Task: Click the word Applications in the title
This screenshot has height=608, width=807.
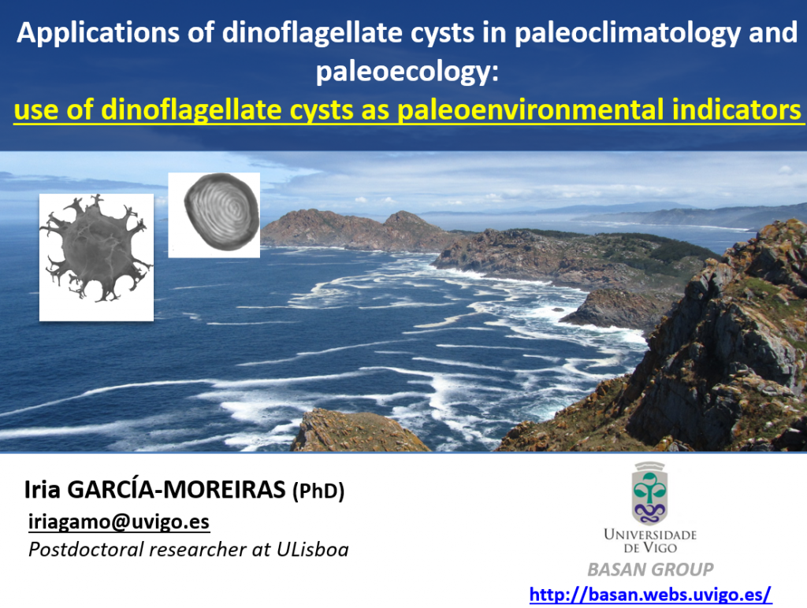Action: (98, 33)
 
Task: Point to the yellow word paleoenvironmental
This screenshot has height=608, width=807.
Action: (531, 110)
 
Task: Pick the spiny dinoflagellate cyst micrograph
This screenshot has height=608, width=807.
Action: (96, 258)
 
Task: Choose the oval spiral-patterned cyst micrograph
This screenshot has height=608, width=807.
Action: (214, 215)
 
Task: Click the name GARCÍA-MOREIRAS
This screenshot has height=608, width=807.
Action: (177, 489)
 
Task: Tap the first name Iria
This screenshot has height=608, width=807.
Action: (43, 490)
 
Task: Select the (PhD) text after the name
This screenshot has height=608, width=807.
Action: (318, 491)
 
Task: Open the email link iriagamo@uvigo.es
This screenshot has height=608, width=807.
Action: (119, 521)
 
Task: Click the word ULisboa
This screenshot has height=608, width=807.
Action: (312, 550)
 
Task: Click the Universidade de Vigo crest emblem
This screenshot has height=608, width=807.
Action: (650, 493)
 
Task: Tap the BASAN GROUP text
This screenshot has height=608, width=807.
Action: (650, 569)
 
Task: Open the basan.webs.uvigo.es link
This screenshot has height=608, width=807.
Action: (650, 595)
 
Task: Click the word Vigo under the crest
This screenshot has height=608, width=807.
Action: (661, 548)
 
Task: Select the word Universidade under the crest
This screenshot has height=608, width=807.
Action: (650, 534)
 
